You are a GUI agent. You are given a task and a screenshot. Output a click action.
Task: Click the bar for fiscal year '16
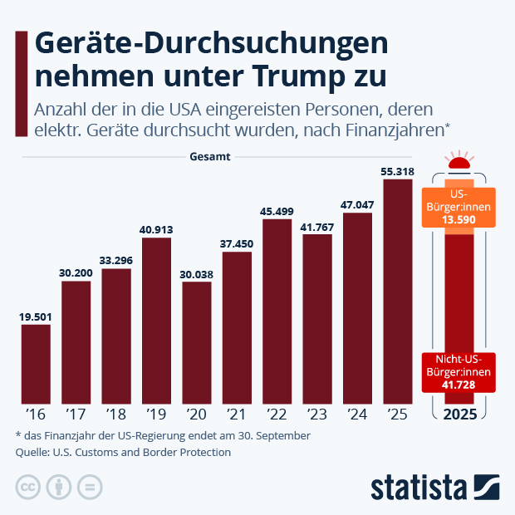pos(36,364)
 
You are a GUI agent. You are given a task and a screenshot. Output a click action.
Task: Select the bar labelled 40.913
pos(156,321)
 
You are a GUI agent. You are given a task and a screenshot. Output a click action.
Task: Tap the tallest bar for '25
pos(397,291)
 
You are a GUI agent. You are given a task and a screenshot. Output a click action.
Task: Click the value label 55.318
pos(397,172)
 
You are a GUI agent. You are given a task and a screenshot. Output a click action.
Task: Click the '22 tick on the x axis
pos(277,414)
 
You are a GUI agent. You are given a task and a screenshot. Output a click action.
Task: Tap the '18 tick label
pos(116,414)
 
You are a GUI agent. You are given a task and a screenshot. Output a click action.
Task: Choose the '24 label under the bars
pos(357,414)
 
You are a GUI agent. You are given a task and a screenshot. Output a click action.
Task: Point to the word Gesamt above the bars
pos(210,156)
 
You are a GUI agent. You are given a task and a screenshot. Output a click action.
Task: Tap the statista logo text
pos(419,486)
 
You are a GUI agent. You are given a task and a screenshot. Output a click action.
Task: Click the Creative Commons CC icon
pos(27,487)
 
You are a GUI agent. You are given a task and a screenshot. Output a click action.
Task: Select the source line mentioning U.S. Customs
pos(123,453)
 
